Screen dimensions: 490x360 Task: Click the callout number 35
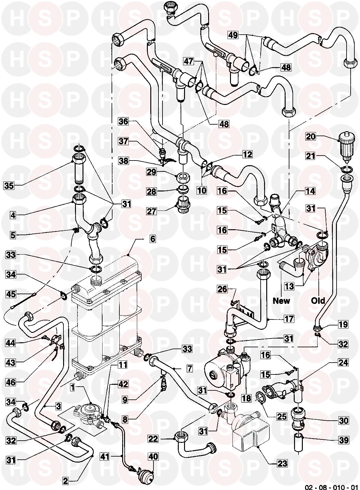click(9, 185)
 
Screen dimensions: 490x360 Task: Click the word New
click(281, 301)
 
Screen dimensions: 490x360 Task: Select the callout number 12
click(247, 154)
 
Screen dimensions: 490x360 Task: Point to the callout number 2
click(65, 481)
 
